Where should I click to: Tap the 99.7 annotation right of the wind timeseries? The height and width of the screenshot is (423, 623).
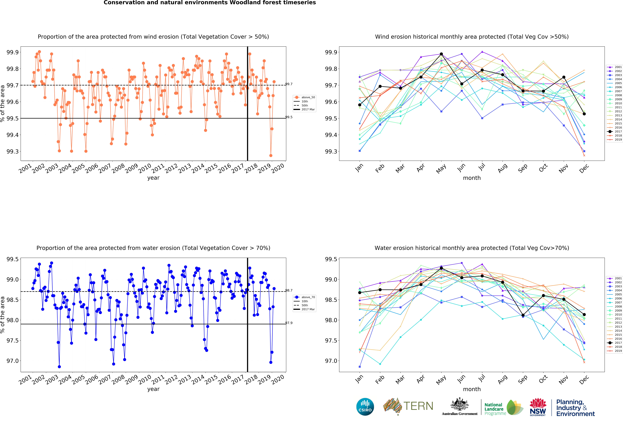(289, 84)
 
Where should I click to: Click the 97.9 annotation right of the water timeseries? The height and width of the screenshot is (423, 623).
(289, 323)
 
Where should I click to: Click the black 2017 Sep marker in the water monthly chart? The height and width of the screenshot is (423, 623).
(523, 315)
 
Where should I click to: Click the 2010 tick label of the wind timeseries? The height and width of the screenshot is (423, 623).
(145, 168)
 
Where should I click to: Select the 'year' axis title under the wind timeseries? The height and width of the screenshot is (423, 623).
(153, 178)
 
